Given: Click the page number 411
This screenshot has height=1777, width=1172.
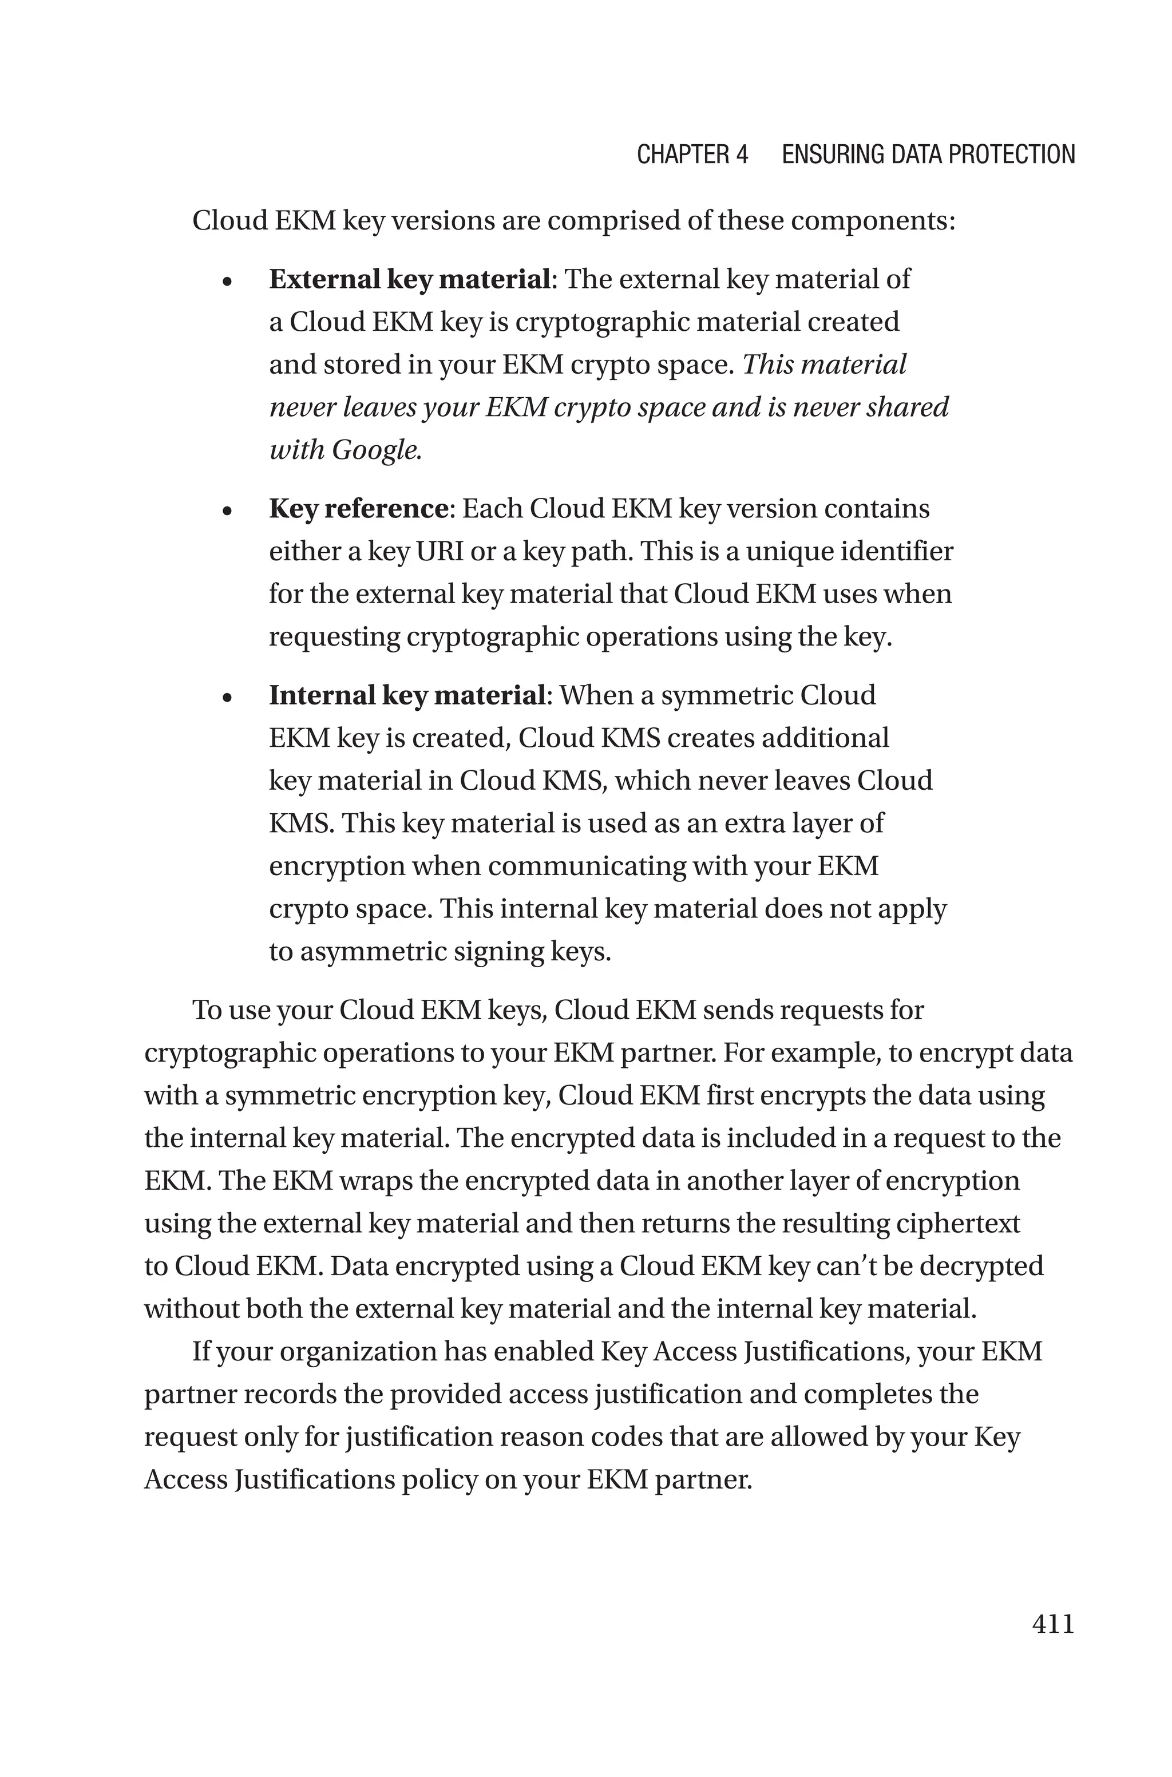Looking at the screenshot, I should pyautogui.click(x=1052, y=1624).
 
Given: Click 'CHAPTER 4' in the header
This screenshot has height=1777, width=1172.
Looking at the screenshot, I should pyautogui.click(x=692, y=155).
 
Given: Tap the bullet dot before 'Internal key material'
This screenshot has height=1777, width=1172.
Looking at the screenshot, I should pyautogui.click(x=228, y=699).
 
